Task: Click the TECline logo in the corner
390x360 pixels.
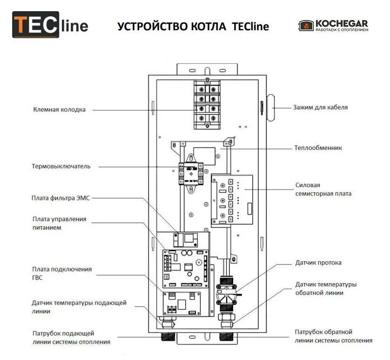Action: [50, 25]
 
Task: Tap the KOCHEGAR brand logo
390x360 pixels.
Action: [333, 26]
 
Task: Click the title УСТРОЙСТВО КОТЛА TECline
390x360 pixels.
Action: [193, 27]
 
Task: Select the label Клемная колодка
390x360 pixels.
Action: [59, 109]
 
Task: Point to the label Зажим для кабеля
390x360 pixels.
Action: [320, 107]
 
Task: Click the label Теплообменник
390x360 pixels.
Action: [318, 148]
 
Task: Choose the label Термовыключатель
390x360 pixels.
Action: [61, 166]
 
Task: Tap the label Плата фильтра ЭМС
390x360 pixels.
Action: [61, 198]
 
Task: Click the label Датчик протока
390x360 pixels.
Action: [318, 263]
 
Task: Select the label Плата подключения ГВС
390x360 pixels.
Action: [62, 273]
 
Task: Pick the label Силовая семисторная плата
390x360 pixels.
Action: [323, 190]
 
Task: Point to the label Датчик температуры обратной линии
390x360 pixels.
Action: [326, 289]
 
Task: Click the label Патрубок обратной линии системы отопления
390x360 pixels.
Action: [334, 336]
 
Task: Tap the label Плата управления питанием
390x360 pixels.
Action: [59, 224]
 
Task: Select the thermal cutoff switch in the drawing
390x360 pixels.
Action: [191, 174]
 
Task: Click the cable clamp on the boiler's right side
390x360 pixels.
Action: [270, 108]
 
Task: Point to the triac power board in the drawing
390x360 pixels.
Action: [232, 200]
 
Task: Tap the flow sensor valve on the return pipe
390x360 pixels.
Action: [226, 294]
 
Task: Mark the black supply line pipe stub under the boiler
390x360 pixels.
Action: [168, 337]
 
